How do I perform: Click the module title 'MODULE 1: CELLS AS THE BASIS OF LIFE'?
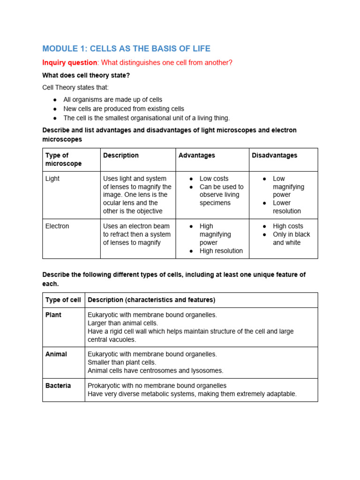tap(126, 49)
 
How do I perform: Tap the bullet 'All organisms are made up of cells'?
tap(112, 99)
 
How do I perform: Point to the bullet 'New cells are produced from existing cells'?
tap(123, 109)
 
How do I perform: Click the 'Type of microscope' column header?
tap(63, 159)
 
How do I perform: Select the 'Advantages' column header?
tap(196, 155)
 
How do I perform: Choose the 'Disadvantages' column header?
tap(274, 155)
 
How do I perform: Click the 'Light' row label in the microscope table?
tap(52, 179)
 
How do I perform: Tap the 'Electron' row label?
tap(57, 226)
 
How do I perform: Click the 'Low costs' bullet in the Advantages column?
tap(214, 179)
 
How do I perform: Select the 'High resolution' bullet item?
tap(221, 251)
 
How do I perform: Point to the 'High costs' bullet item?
tap(288, 226)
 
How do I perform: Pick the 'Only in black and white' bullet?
tap(291, 238)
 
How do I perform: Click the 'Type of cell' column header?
tap(63, 300)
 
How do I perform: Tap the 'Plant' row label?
tap(53, 315)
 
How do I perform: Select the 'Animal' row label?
tap(56, 354)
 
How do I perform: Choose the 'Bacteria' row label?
tap(58, 385)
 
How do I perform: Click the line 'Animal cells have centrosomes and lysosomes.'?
tap(156, 370)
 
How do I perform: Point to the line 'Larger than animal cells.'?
tap(123, 323)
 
